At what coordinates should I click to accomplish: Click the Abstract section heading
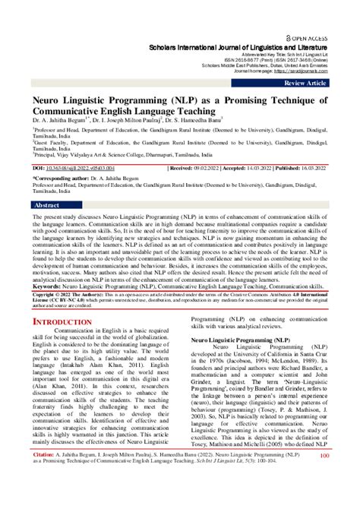46,205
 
